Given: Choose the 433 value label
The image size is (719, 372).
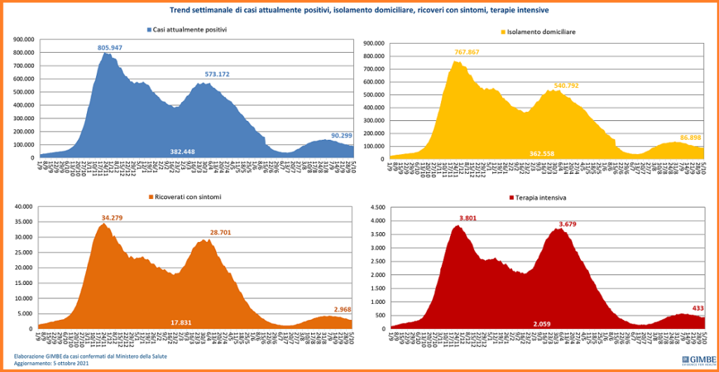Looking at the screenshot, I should tap(698, 308).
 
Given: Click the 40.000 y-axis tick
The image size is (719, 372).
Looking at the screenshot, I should tap(23, 207).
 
